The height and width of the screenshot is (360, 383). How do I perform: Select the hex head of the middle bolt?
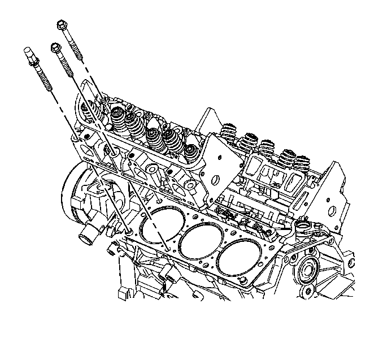click(56, 48)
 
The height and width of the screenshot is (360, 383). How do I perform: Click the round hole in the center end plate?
click(215, 179)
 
